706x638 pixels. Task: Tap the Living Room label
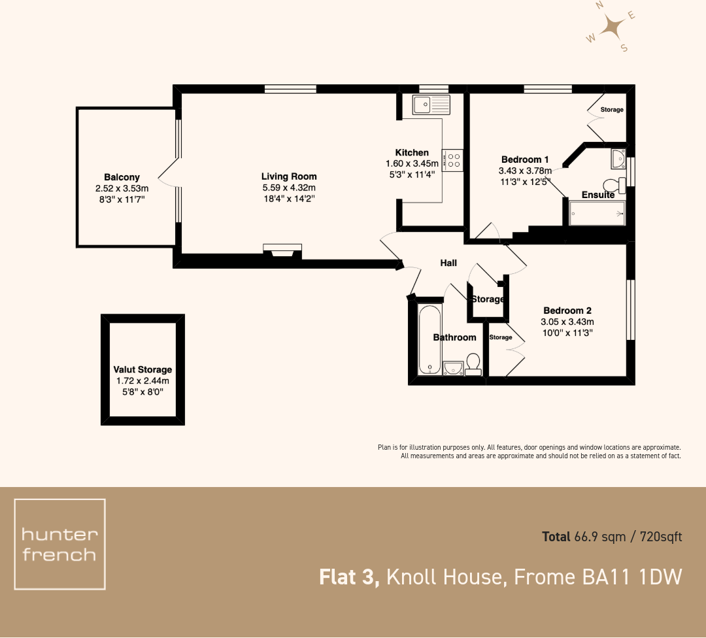coord(289,176)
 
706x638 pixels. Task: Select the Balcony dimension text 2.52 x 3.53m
coord(122,189)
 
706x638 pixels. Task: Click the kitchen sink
coord(431,103)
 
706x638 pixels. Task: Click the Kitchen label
coord(412,153)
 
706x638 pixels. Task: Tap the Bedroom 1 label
coord(524,159)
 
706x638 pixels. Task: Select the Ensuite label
coord(597,195)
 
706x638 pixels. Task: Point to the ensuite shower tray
coord(597,213)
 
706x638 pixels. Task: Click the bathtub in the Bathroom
coord(429,338)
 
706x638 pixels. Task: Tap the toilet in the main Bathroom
coord(473,363)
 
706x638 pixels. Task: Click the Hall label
coord(448,263)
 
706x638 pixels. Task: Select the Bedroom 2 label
coord(567,311)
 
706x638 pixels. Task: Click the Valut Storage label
coord(143,369)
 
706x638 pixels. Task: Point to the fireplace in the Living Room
coord(282,250)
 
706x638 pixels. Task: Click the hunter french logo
coord(59,544)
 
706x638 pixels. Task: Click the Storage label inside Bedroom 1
coord(612,110)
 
